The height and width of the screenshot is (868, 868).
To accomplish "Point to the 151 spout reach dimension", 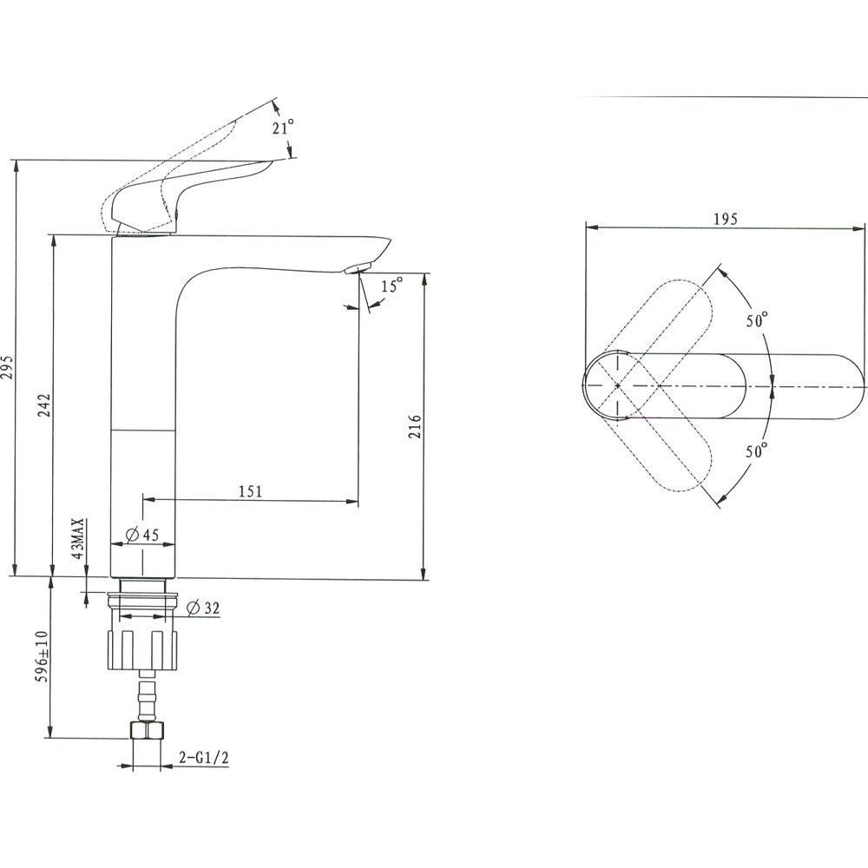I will point(250,491).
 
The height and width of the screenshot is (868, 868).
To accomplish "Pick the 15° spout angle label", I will point(391,286).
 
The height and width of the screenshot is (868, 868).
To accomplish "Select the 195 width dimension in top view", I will point(725,220).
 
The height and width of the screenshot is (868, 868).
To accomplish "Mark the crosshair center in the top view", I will point(617,385).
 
